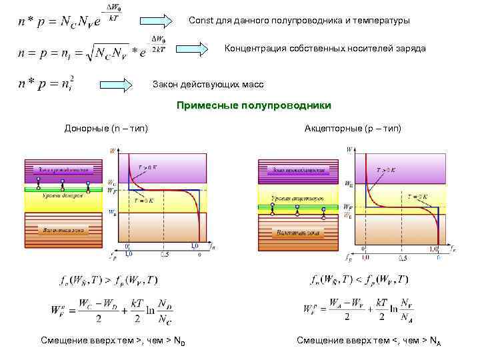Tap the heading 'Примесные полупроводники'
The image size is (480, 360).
click(x=253, y=106)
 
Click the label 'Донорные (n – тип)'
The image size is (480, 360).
click(x=106, y=127)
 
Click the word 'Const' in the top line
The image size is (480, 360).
click(x=200, y=21)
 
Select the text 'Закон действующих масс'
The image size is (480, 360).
click(x=208, y=85)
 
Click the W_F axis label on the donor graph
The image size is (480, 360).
click(x=111, y=190)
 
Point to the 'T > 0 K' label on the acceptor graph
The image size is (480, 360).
click(x=385, y=170)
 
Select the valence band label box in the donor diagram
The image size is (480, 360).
click(x=65, y=230)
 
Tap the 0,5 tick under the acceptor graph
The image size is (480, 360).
click(x=403, y=257)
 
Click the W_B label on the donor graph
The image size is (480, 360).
click(x=111, y=213)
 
